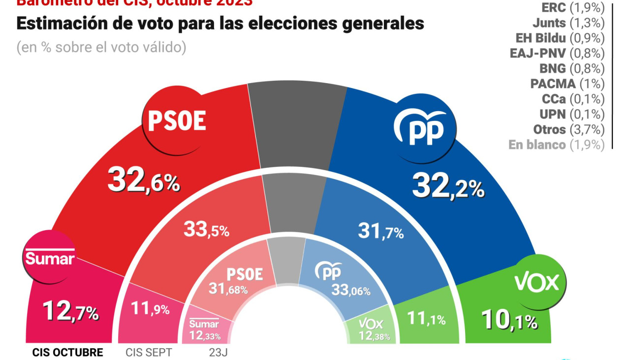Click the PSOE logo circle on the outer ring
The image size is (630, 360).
177,120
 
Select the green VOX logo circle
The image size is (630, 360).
537,282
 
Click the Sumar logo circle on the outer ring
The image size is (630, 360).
50,258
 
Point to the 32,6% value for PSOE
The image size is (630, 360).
144,180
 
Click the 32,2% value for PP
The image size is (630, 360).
448,186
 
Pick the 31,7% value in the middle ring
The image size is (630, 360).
381,231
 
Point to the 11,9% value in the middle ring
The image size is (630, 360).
150,308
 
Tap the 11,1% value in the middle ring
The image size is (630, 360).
426,319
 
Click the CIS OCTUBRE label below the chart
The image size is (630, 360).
67,353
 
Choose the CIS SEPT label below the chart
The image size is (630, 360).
149,353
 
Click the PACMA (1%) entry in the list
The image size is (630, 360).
567,84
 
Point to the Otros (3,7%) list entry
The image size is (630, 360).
568,129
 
